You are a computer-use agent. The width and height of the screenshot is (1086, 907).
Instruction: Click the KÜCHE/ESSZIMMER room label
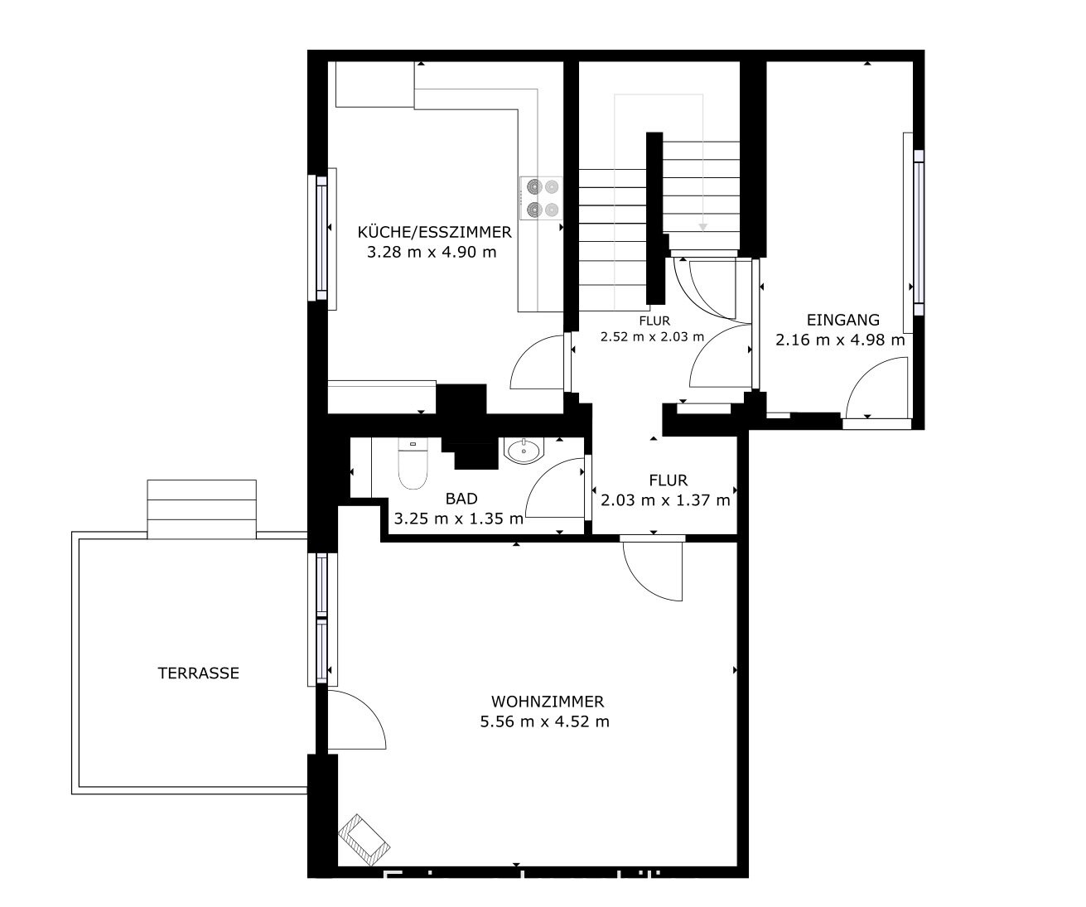tap(434, 232)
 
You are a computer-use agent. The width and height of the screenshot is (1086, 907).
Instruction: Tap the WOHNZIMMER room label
tap(546, 701)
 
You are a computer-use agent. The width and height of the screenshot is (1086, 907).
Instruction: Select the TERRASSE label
tap(198, 673)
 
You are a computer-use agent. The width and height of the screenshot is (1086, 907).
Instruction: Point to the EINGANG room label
tap(842, 320)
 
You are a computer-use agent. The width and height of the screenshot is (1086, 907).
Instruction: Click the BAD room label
tap(461, 499)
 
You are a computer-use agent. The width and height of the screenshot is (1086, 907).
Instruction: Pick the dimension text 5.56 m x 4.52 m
tap(544, 721)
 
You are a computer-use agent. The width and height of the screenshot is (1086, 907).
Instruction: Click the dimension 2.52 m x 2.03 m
tap(652, 336)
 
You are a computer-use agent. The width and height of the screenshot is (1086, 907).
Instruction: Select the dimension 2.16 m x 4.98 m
tap(839, 340)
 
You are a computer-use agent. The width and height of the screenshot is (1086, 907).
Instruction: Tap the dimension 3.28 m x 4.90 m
tap(431, 252)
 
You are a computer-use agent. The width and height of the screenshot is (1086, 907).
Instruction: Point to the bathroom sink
tap(523, 451)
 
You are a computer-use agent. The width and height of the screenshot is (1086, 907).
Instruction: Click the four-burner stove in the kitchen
tap(541, 198)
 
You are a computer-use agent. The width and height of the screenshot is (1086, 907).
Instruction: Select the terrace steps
tap(201, 508)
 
